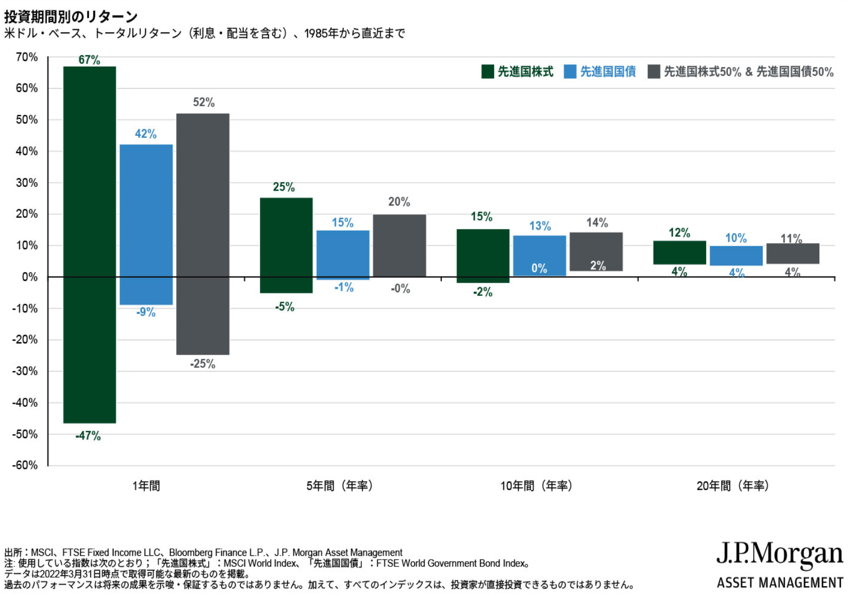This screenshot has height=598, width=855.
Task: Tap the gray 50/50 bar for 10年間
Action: (x=596, y=251)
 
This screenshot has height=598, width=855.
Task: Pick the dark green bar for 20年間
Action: (x=679, y=253)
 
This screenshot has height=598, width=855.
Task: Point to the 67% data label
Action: (x=89, y=60)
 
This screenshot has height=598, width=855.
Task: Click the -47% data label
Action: (x=88, y=436)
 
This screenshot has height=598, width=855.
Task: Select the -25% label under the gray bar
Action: (x=203, y=364)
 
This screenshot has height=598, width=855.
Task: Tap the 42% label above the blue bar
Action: (x=146, y=134)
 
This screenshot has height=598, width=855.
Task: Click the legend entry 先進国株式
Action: (x=525, y=72)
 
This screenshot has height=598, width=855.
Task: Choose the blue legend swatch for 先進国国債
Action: (x=570, y=72)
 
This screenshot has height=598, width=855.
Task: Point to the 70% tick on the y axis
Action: (x=27, y=57)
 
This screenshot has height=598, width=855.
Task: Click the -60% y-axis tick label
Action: (x=25, y=465)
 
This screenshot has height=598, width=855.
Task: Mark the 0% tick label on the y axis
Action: (x=30, y=277)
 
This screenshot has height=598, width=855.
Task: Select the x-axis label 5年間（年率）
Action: (x=339, y=486)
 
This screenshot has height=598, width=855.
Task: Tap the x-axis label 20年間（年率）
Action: (x=733, y=486)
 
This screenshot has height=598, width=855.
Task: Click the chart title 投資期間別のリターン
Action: (x=71, y=17)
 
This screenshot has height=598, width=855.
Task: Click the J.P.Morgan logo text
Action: (x=779, y=555)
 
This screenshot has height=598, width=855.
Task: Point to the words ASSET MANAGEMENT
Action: (x=780, y=583)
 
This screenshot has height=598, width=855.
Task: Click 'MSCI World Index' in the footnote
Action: (x=259, y=563)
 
